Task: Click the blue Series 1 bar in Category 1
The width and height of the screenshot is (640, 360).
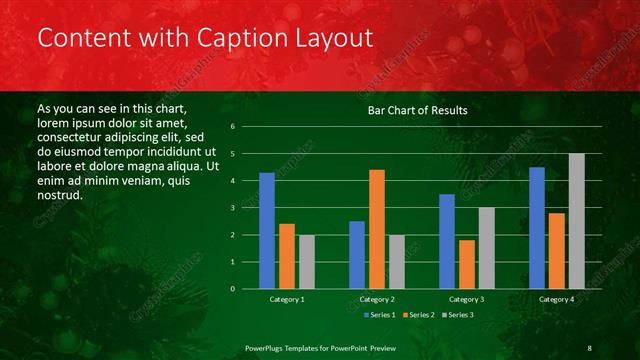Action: point(267,231)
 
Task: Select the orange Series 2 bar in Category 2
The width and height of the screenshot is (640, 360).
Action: point(376,229)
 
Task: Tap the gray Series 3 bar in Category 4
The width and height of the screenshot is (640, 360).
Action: point(576,221)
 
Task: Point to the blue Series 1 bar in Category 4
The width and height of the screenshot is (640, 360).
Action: point(537,228)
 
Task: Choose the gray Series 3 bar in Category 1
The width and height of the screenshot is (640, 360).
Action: point(306,262)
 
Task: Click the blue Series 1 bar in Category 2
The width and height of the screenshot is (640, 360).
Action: point(357,255)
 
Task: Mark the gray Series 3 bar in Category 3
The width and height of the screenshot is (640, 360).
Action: point(486,248)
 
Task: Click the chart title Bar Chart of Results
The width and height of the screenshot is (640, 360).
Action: point(417,110)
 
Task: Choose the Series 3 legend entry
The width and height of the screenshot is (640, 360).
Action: point(458,315)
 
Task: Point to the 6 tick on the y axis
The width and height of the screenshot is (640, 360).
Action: point(232,127)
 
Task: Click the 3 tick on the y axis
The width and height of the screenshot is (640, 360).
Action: point(232,208)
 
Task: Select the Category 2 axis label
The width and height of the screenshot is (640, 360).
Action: point(377,299)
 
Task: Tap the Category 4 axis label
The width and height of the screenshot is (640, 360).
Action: point(557,299)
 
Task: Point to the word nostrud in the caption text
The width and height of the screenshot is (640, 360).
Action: point(58,194)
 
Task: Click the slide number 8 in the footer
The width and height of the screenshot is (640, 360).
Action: point(589,347)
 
